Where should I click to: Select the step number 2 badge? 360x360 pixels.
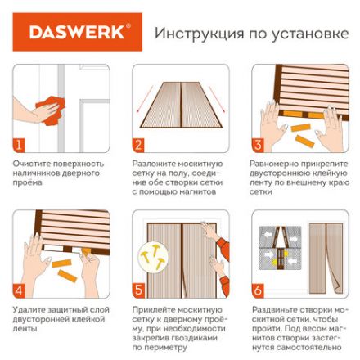(138, 146)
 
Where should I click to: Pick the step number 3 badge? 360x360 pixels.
(258, 146)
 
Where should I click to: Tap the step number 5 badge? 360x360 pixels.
(138, 290)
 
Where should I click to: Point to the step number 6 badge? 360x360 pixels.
(258, 290)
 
